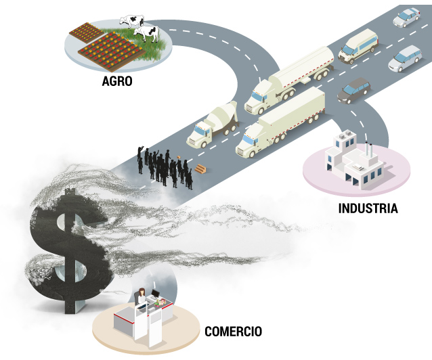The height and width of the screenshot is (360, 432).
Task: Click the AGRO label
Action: pyautogui.click(x=117, y=81)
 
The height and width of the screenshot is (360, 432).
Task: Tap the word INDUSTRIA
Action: pyautogui.click(x=368, y=208)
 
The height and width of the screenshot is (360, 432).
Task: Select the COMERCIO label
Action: pyautogui.click(x=233, y=332)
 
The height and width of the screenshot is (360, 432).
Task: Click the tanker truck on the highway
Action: pyautogui.click(x=289, y=80)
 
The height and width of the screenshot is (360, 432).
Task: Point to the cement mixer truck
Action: pyautogui.click(x=212, y=125)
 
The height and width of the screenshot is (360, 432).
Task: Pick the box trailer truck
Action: pyautogui.click(x=280, y=122)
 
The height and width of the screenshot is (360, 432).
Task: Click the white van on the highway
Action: pyautogui.click(x=358, y=46)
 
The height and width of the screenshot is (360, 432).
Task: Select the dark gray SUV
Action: pyautogui.click(x=353, y=91)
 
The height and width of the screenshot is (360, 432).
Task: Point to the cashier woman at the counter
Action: pyautogui.click(x=142, y=297)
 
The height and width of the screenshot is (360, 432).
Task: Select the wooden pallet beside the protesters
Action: pyautogui.click(x=201, y=168)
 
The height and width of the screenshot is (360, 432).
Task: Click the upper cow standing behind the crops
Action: pyautogui.click(x=131, y=21)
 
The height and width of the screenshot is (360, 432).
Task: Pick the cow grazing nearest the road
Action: pyautogui.click(x=146, y=34)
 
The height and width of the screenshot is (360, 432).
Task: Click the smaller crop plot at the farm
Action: pyautogui.click(x=87, y=32)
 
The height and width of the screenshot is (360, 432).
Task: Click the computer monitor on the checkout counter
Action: pyautogui.click(x=156, y=294)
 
